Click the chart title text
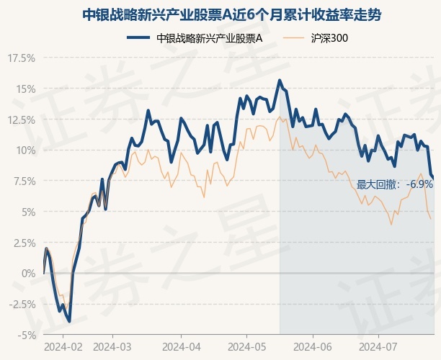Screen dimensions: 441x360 231,15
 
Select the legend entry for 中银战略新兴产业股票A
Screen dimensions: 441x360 195,38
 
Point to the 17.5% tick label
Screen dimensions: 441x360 22,58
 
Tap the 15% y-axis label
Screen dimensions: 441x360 25,89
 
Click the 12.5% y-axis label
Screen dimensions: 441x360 22,120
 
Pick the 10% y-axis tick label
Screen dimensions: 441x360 25,150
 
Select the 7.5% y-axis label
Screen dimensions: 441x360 23,181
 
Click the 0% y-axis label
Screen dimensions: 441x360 29,273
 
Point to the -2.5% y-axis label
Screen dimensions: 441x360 22,304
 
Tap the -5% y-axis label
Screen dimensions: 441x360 27,335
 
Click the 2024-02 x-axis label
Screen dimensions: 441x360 63,347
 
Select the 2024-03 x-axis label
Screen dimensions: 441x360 112,347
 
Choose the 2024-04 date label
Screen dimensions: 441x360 182,347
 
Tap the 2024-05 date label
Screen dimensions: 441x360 247,347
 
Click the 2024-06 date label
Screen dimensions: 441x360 313,347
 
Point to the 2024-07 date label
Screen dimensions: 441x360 378,347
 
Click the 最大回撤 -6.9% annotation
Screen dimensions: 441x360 395,184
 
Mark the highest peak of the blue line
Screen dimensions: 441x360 280,80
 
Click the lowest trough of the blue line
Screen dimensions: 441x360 69,321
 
